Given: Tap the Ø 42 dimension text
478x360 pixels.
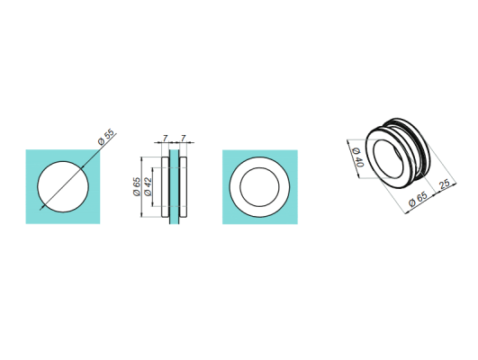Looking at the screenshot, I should pos(147,186).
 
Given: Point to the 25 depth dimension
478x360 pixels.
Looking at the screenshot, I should pos(444,185).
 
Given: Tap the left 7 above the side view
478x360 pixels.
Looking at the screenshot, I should pos(165,139).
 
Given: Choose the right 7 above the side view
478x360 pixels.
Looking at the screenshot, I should pos(183,139).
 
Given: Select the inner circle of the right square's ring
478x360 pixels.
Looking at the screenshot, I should pos(259,186).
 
